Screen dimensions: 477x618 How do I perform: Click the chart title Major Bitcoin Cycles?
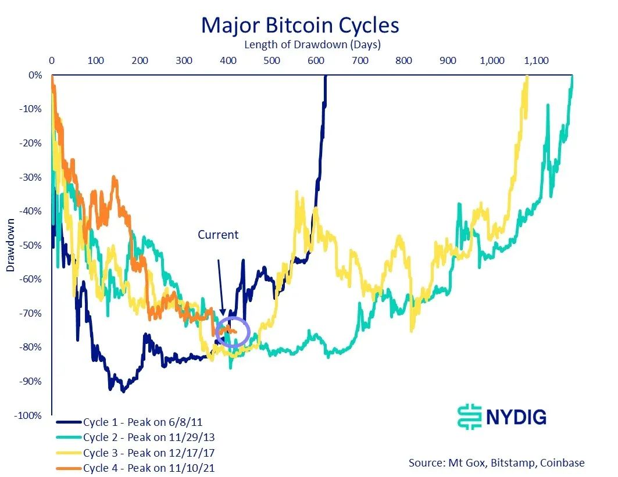click(300, 25)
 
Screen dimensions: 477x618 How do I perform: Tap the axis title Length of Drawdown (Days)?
click(312, 44)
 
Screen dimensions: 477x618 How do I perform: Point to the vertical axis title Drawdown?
click(10, 245)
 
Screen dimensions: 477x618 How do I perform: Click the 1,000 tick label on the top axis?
click(492, 60)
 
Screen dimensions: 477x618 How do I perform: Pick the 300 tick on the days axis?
click(184, 60)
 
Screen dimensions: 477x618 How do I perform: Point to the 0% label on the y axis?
click(35, 75)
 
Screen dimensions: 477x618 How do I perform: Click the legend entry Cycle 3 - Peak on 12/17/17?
click(138, 452)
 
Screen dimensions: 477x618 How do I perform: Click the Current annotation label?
click(218, 235)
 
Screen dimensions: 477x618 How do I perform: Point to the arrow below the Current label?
click(221, 288)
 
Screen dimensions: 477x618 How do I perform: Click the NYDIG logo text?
click(516, 417)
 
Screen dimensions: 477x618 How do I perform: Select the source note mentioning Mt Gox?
click(496, 462)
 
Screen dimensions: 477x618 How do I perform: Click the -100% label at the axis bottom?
click(28, 416)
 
